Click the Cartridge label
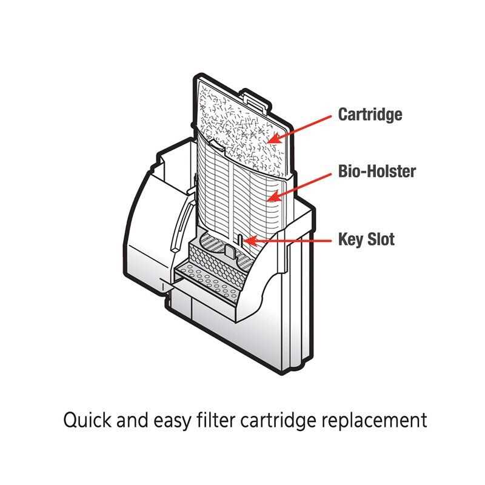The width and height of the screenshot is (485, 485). (370, 115)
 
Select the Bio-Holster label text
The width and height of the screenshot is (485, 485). (376, 172)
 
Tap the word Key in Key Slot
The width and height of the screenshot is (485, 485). (349, 239)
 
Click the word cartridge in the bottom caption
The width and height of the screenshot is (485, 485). (282, 420)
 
